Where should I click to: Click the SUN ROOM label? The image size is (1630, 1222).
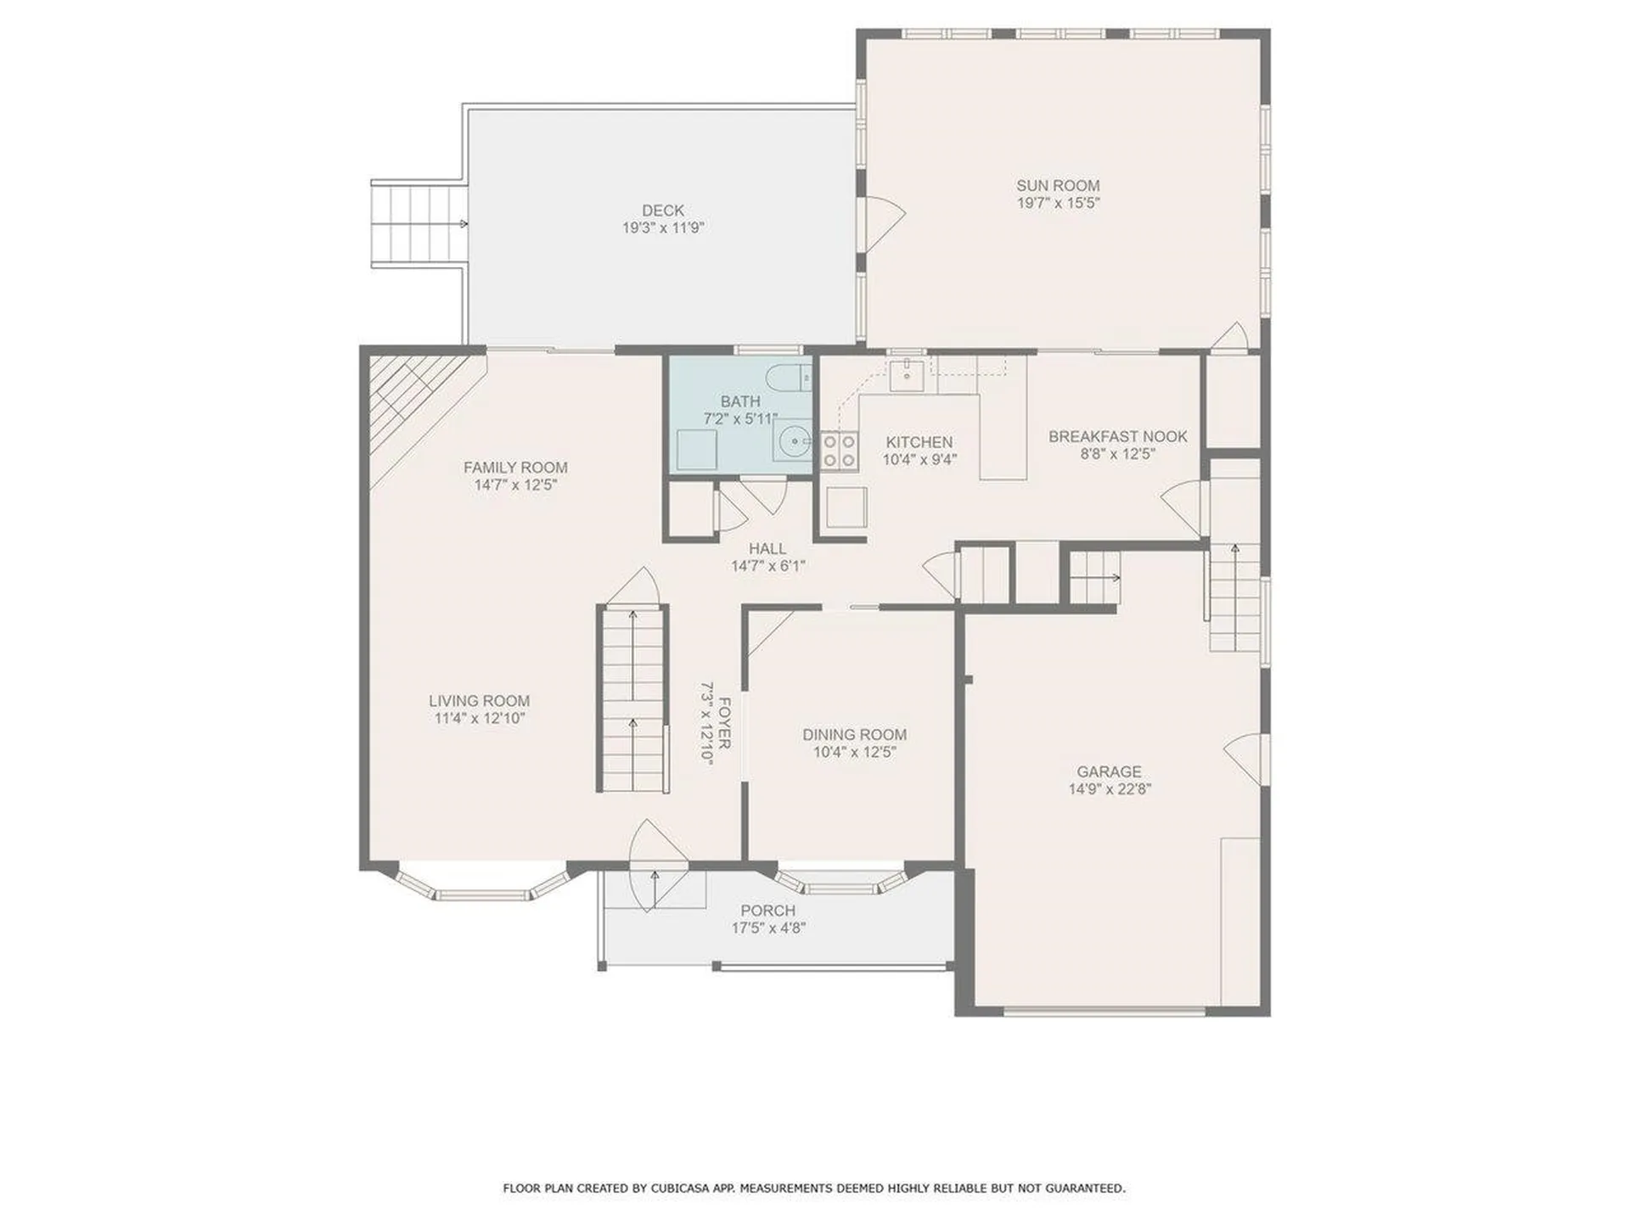point(1058,185)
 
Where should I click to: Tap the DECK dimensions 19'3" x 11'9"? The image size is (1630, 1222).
point(663,228)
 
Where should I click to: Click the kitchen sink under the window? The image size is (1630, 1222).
point(907,372)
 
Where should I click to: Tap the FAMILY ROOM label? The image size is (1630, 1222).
point(515,468)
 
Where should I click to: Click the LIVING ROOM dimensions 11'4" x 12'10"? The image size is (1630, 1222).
point(479,719)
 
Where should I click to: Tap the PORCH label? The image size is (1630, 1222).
point(767,911)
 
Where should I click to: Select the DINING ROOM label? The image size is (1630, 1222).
point(854,734)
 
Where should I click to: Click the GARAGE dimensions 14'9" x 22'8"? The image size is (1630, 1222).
point(1109,789)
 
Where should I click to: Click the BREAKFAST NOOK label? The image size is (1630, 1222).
point(1117,436)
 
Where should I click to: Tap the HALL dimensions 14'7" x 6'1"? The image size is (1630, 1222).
point(767,566)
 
